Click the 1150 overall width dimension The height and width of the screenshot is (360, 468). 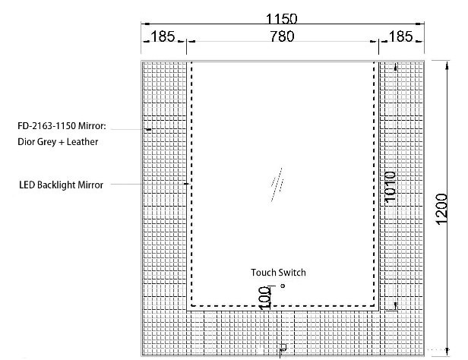click(x=281, y=18)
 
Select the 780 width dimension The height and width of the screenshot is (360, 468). click(x=282, y=36)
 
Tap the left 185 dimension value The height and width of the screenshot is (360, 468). click(x=163, y=36)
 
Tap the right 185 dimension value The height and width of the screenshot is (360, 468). click(x=401, y=36)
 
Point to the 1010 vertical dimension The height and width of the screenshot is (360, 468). click(x=390, y=187)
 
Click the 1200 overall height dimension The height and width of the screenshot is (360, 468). click(x=441, y=209)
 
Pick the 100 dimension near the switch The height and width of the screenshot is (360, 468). click(x=264, y=298)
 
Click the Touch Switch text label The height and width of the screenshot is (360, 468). click(x=278, y=273)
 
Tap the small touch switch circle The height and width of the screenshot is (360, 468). click(x=283, y=286)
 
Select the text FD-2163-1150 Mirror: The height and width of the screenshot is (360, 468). click(x=62, y=126)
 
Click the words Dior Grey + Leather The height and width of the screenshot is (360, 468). click(x=58, y=142)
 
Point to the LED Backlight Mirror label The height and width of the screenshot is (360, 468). click(x=62, y=185)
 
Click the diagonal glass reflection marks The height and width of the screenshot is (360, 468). click(x=277, y=185)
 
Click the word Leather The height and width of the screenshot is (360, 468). click(x=82, y=142)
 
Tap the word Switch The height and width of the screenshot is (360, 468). click(x=292, y=273)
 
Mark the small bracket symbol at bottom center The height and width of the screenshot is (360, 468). click(x=283, y=348)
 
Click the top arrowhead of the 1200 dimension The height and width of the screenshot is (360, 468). click(x=447, y=65)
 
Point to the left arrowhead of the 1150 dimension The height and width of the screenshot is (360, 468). click(x=145, y=24)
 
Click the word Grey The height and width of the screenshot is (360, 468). click(x=46, y=142)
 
